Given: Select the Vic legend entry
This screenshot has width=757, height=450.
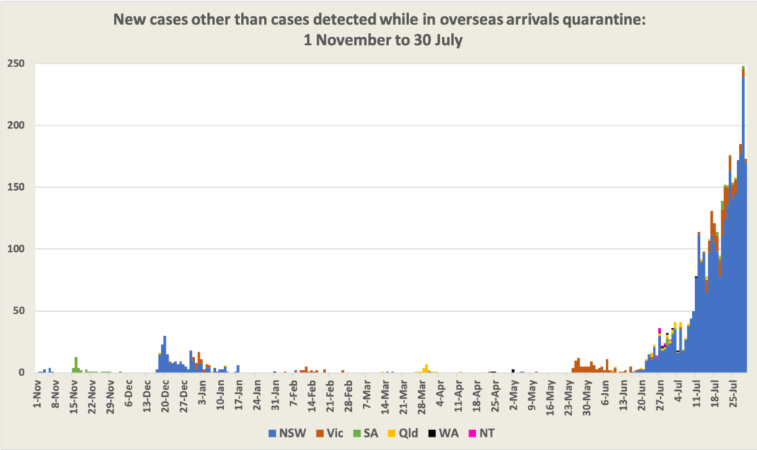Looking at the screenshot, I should click(x=329, y=433).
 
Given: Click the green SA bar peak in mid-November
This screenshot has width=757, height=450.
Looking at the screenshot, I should click(x=75, y=362).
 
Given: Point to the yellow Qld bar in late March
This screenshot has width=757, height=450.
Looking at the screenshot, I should click(x=427, y=368).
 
